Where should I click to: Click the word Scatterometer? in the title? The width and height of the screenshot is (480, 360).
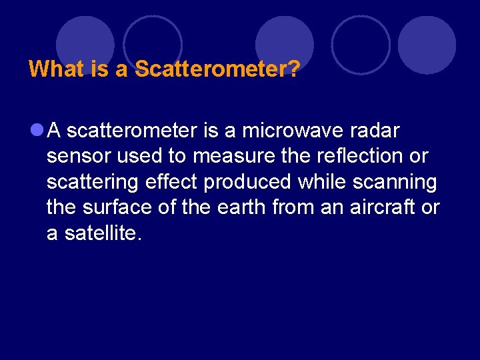[216, 69]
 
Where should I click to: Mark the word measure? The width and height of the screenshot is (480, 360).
[235, 157]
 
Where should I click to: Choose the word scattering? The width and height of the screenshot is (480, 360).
[89, 182]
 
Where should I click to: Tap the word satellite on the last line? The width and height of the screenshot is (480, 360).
[103, 233]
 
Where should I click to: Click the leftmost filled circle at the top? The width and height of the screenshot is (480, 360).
[85, 43]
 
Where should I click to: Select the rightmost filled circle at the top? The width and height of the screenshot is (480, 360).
[427, 43]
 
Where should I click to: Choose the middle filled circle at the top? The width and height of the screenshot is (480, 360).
[285, 43]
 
